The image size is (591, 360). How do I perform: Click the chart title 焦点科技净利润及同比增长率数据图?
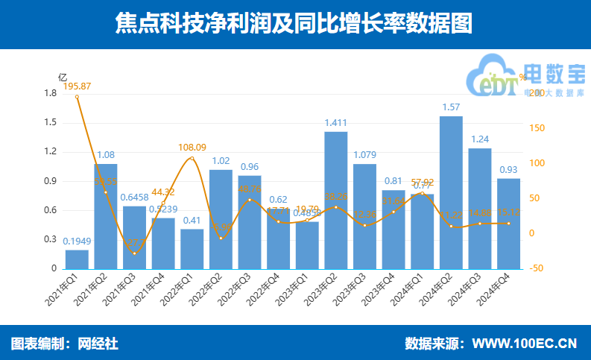tap(294, 23)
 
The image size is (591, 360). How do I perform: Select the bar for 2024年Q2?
tap(451, 192)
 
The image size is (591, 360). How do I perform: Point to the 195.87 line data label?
tap(77, 86)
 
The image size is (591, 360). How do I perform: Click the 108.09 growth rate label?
tap(192, 148)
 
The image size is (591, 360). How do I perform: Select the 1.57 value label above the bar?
tap(451, 107)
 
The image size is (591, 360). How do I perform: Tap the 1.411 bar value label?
tap(336, 122)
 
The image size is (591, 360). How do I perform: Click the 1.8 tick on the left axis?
tap(51, 93)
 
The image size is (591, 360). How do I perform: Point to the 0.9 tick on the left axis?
tap(51, 181)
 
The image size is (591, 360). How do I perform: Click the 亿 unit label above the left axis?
tap(63, 78)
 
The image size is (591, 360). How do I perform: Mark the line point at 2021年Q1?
tap(77, 97)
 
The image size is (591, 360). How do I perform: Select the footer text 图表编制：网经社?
tap(65, 344)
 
